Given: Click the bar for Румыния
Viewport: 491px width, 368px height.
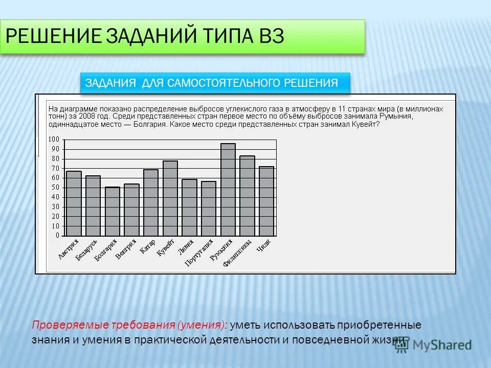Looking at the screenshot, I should pyautogui.click(x=228, y=190).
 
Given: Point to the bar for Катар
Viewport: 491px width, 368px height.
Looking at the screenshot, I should pyautogui.click(x=151, y=202).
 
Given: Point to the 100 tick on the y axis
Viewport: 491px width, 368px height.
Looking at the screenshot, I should pyautogui.click(x=54, y=140).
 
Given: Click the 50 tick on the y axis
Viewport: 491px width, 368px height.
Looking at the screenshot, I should pyautogui.click(x=55, y=188).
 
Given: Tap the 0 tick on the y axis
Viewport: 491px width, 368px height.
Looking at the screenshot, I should pyautogui.click(x=57, y=236).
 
